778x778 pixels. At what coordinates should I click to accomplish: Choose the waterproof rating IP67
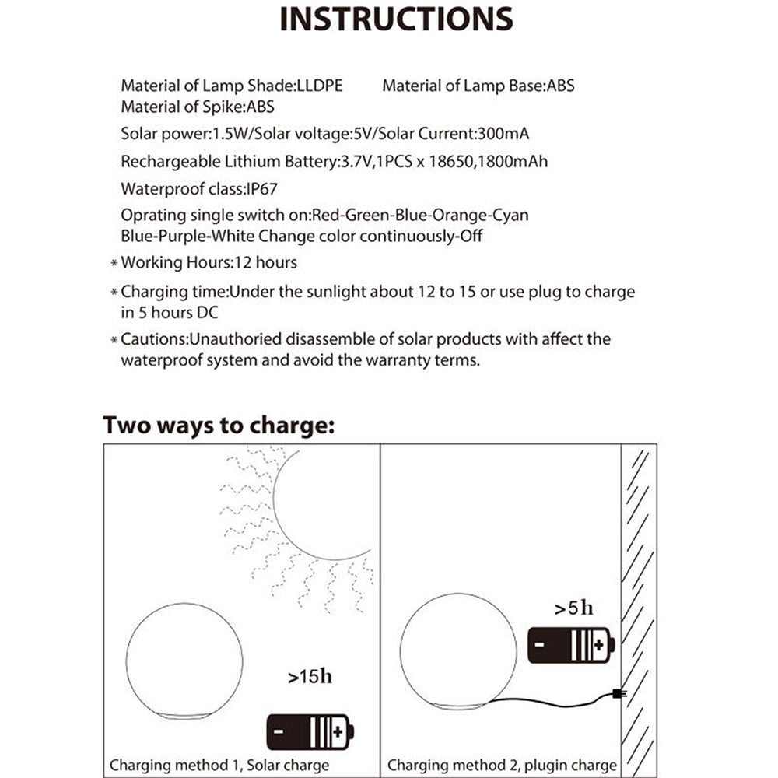pyautogui.click(x=256, y=188)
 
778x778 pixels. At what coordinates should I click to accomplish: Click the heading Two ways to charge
pyautogui.click(x=219, y=426)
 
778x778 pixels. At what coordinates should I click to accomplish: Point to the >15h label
pyautogui.click(x=310, y=676)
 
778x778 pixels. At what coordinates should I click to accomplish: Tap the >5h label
pyautogui.click(x=573, y=608)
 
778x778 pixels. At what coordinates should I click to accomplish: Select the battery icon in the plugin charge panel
pyautogui.click(x=570, y=645)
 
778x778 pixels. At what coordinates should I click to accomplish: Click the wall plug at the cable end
pyautogui.click(x=617, y=693)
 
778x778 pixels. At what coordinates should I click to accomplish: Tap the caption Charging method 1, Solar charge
pyautogui.click(x=219, y=765)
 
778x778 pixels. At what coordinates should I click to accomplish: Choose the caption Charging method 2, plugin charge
pyautogui.click(x=502, y=765)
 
